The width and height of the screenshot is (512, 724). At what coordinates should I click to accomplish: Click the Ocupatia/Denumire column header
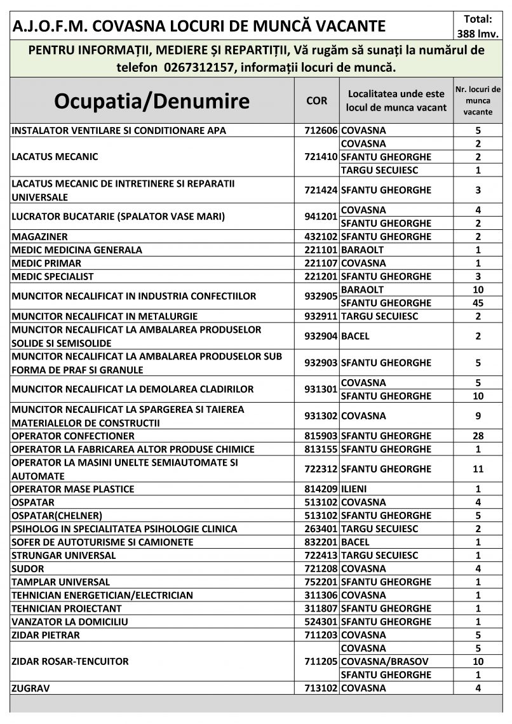(152, 101)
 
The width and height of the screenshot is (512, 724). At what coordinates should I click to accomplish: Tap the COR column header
(317, 101)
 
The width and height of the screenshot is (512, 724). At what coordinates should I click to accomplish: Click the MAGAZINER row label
(39, 237)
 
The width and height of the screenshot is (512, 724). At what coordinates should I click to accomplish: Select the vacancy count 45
(478, 303)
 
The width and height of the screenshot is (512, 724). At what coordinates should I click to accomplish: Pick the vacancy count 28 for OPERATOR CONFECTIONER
(478, 436)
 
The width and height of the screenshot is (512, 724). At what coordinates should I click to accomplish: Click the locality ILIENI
(356, 489)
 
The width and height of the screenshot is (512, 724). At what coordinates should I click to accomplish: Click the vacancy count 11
(478, 469)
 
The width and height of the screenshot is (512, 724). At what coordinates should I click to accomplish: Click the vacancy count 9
(478, 416)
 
